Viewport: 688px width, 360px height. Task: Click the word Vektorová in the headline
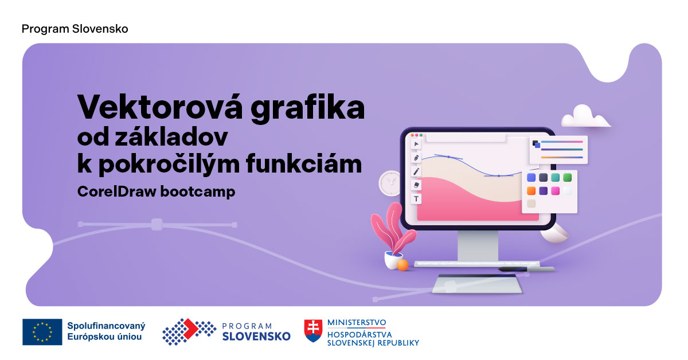point(160,107)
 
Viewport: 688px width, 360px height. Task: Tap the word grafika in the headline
point(308,108)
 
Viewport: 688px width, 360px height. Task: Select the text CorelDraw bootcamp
point(156,191)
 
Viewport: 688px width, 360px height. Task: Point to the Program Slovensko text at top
point(75,29)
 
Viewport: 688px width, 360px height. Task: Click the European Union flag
point(42,332)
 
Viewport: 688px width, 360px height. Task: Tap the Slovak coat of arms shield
point(313,331)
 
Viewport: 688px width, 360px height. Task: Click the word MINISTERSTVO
point(357,323)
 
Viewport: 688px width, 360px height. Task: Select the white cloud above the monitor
point(585,116)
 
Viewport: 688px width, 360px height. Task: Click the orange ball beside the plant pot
point(402,265)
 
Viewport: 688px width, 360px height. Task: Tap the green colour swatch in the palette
point(567,177)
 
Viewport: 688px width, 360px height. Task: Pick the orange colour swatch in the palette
point(531,191)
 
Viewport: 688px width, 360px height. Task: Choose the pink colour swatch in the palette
point(556,191)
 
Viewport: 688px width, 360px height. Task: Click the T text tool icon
point(416,199)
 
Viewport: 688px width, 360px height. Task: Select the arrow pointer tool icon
point(416,144)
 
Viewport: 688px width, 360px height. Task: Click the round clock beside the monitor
point(390,183)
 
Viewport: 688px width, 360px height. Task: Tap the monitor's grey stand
point(478,246)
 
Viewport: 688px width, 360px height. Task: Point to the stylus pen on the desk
point(526,269)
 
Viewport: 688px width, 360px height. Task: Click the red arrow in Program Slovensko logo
point(191,328)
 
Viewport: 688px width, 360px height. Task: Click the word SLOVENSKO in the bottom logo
point(256,336)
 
